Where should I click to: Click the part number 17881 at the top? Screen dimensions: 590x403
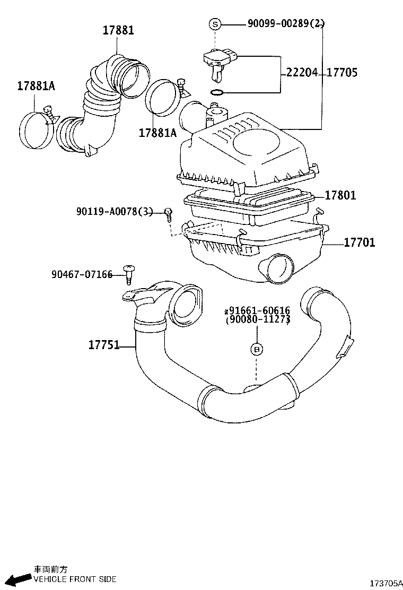tap(118, 30)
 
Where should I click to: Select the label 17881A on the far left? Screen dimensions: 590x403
tap(36, 85)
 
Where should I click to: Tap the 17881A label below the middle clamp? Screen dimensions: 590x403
tap(157, 133)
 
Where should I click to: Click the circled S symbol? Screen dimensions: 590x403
tap(214, 24)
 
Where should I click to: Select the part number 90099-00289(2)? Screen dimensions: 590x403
tap(286, 23)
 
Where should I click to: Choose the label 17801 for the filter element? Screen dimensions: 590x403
tap(340, 196)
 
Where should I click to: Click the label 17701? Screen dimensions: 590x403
tap(359, 243)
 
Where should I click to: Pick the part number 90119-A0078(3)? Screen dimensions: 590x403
tap(115, 212)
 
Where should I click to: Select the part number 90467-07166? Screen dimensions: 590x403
tap(82, 274)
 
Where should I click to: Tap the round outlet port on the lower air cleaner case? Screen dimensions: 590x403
tap(277, 267)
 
